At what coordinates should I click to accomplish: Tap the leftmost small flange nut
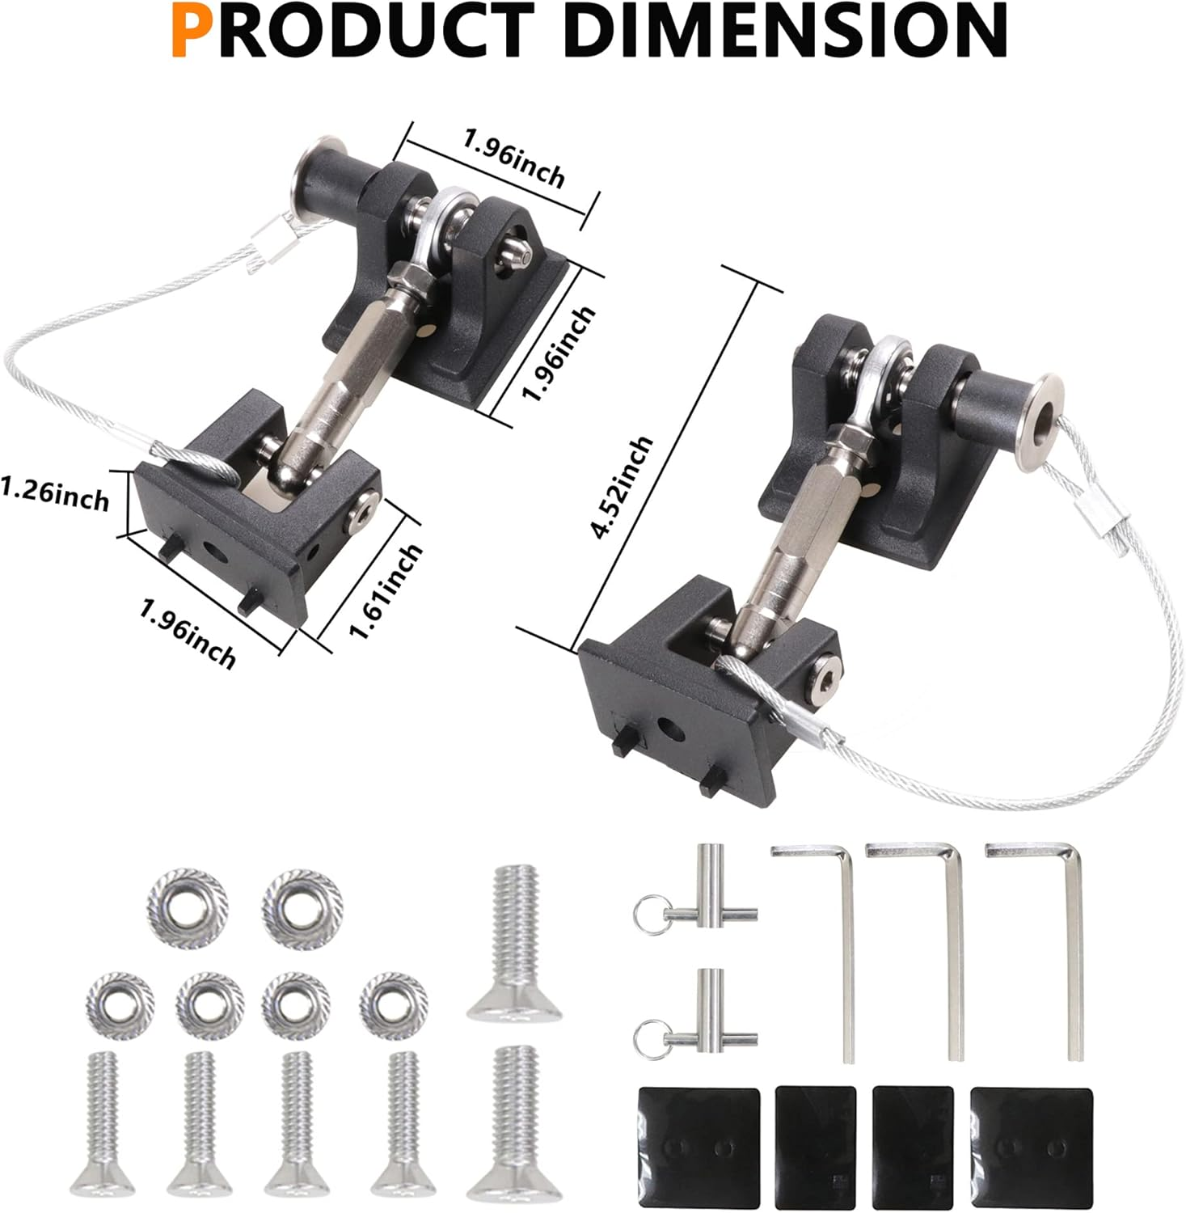[x=120, y=1004]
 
